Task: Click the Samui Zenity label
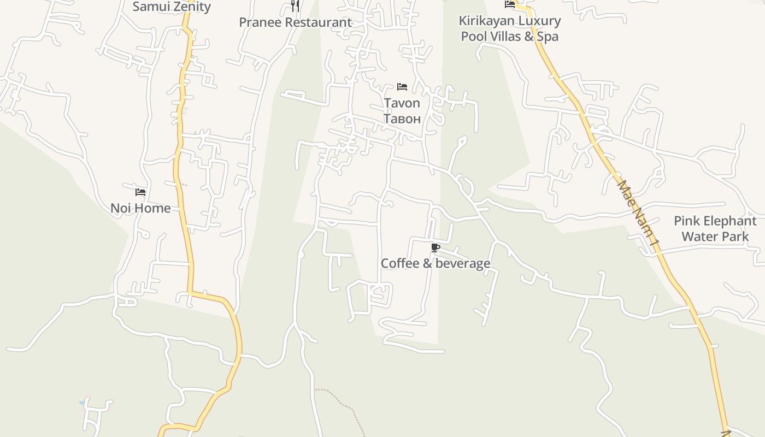172,7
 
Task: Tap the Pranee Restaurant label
295,22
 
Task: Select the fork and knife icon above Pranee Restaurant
295,6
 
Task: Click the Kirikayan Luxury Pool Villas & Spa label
510,28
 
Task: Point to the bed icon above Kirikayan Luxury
510,4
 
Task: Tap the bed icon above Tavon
402,87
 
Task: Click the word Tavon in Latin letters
402,103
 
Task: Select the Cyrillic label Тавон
402,119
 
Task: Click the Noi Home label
140,208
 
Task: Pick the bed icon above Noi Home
140,192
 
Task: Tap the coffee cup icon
435,248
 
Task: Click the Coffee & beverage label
436,263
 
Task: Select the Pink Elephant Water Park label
715,229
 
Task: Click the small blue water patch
83,403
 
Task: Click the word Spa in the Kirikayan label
547,37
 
